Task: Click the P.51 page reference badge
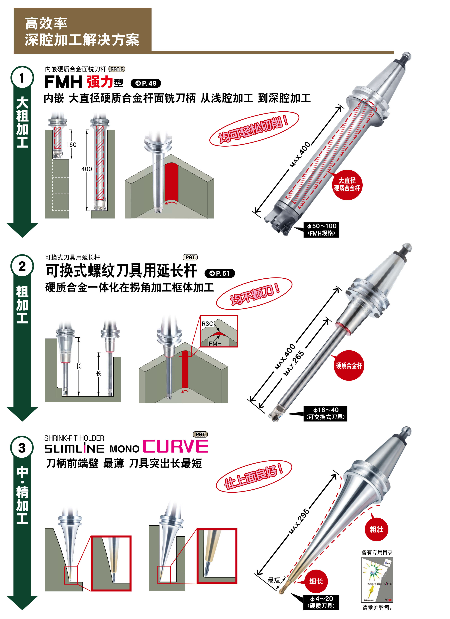[x=219, y=273]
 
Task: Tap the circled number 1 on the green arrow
[x=22, y=78]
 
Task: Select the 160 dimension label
[x=71, y=145]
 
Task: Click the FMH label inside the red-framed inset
[x=215, y=343]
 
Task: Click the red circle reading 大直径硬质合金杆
[x=347, y=184]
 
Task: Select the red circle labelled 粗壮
[x=376, y=530]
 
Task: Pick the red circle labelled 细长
[x=316, y=581]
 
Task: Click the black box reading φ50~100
[x=321, y=230]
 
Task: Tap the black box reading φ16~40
[x=325, y=413]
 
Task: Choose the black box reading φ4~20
[x=321, y=602]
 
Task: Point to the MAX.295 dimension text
[x=299, y=521]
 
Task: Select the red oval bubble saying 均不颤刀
[x=254, y=294]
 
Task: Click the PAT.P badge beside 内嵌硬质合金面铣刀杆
[x=117, y=69]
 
